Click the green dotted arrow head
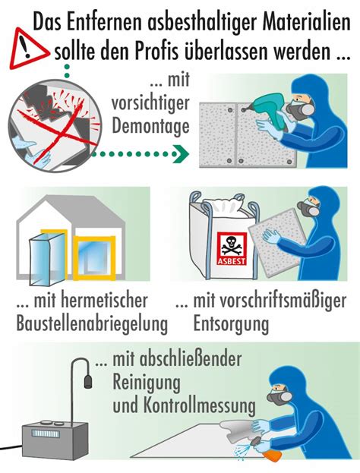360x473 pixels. [x=182, y=153]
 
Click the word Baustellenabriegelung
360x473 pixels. [x=92, y=324]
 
